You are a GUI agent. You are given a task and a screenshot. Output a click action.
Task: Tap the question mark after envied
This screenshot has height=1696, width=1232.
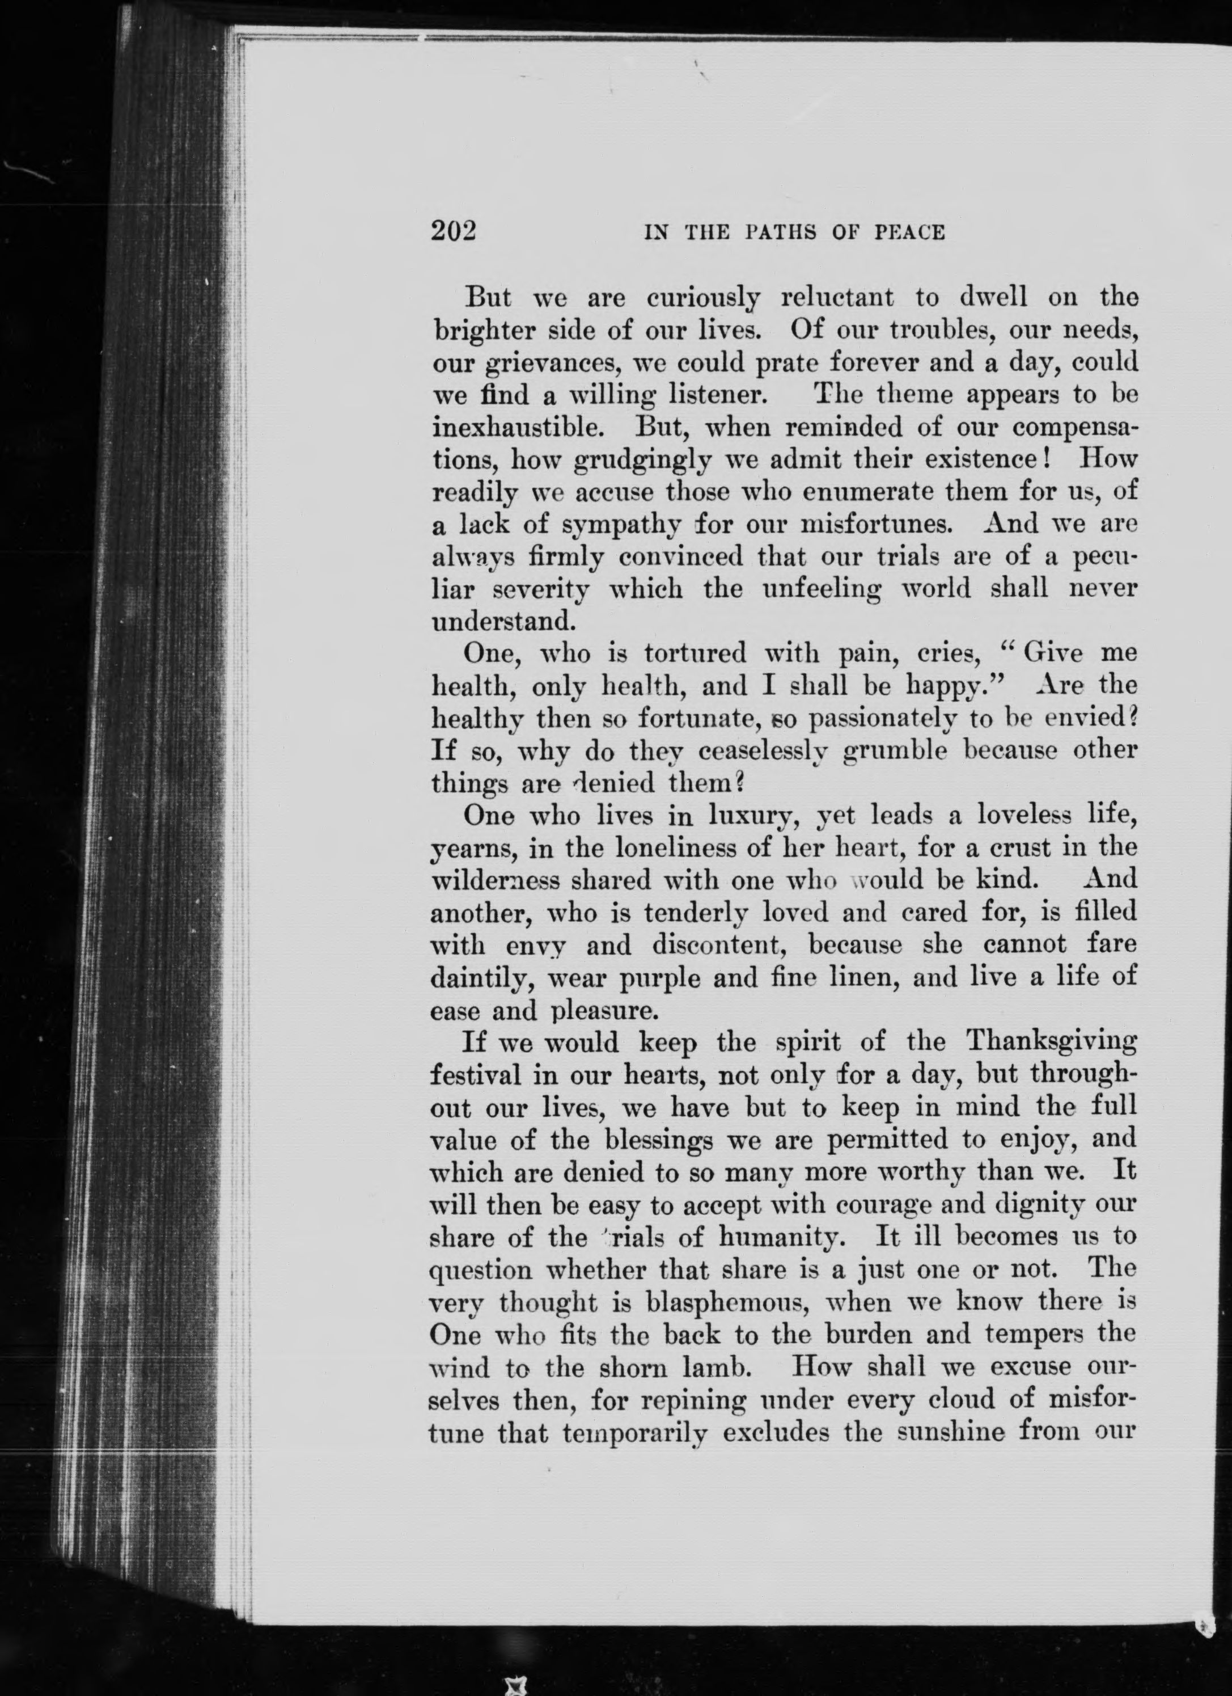pos(1132,718)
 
